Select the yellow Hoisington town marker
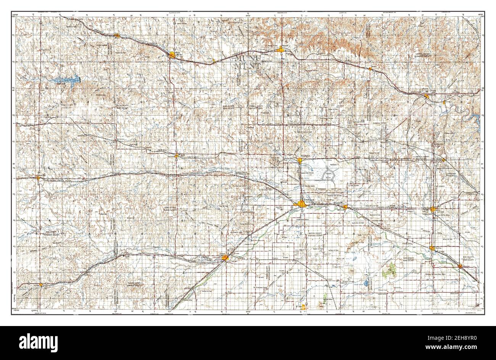[x=300, y=160]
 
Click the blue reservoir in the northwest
[x=69, y=81]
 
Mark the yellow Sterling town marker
[x=432, y=248]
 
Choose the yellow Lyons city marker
[x=433, y=209]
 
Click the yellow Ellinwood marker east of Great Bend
[x=345, y=207]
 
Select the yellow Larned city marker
[x=225, y=259]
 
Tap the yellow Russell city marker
[x=281, y=49]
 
